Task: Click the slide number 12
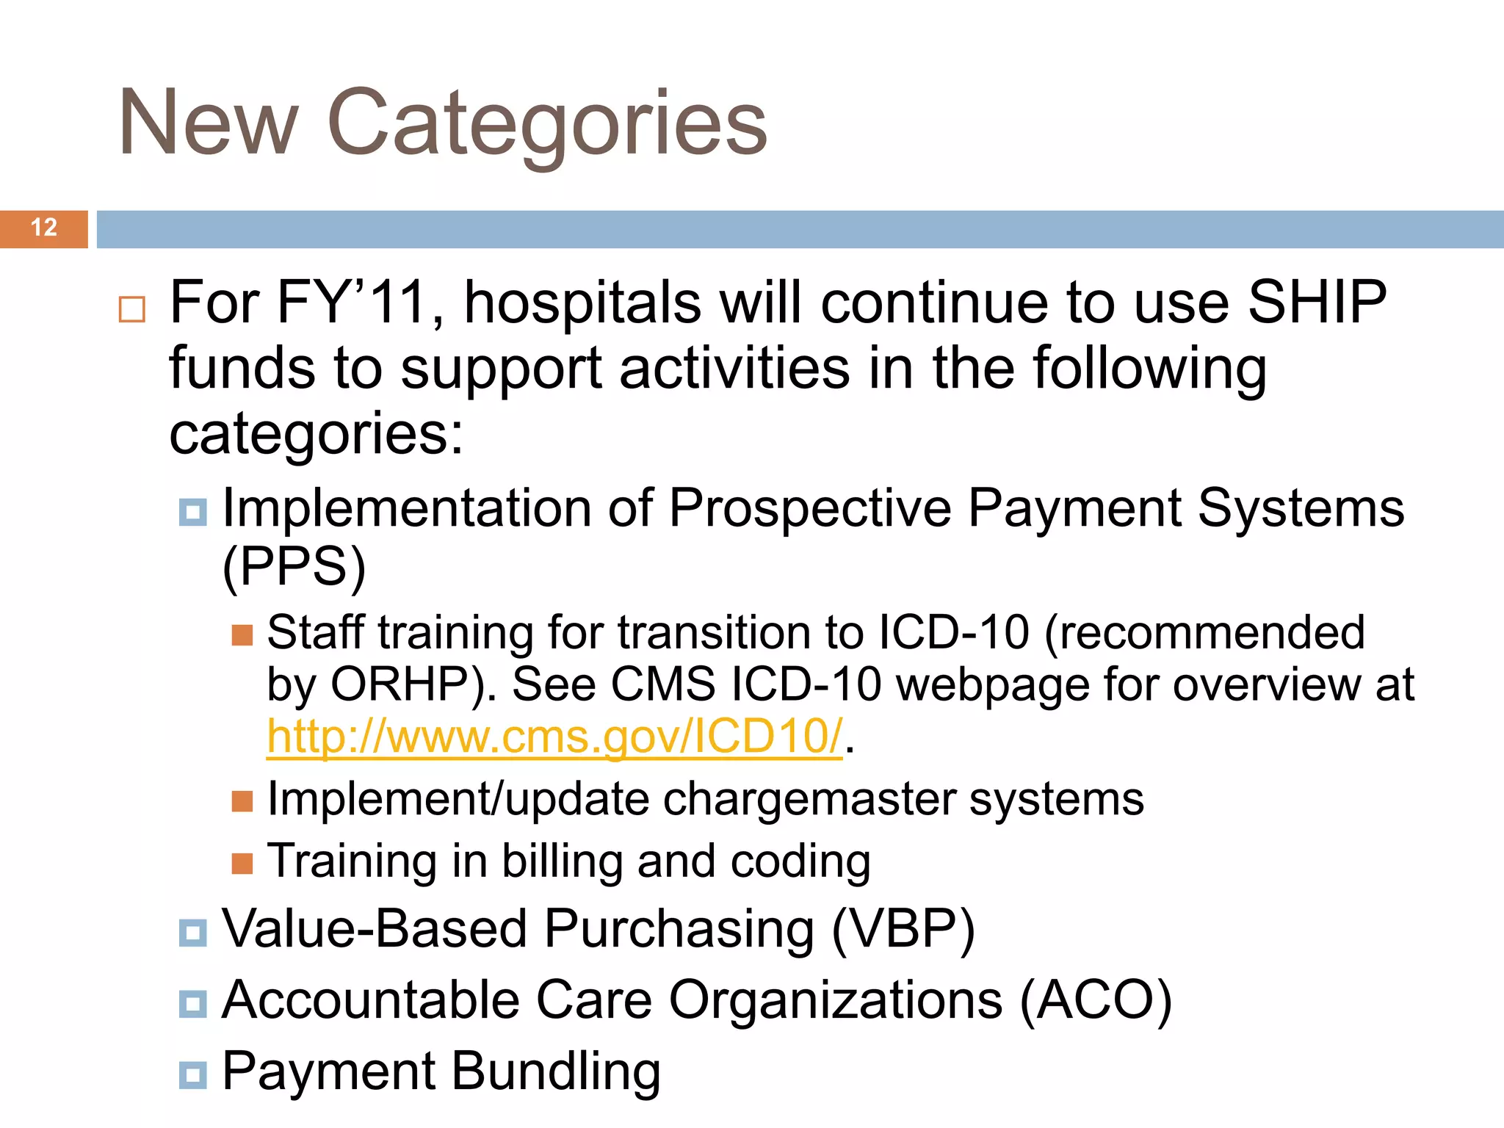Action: [x=44, y=228]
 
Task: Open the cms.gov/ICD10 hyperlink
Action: [x=554, y=737]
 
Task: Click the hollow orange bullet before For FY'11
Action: [x=132, y=309]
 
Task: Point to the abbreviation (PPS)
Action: [x=294, y=567]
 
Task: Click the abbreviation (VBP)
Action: [x=903, y=929]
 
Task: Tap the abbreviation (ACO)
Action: [x=1096, y=1000]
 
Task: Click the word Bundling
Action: [x=556, y=1071]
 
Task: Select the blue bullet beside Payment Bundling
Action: [x=193, y=1075]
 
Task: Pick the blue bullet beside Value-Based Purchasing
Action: [x=193, y=933]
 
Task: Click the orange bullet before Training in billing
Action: [x=242, y=864]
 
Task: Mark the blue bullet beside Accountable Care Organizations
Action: [x=193, y=1004]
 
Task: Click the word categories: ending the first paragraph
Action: [x=317, y=434]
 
